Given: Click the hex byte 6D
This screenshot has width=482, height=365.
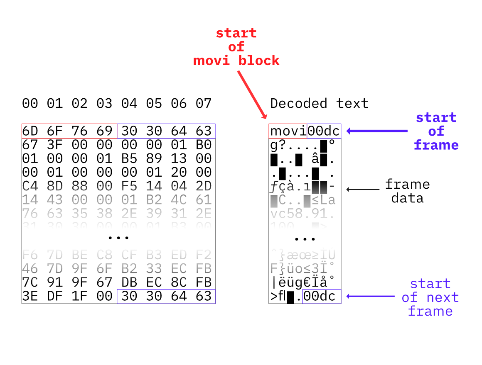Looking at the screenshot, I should click(x=30, y=131).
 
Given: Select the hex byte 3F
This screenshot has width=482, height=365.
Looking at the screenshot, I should click(x=54, y=145).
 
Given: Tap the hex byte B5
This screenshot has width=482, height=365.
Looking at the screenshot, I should click(x=129, y=158).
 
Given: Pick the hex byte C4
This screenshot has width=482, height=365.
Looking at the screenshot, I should click(x=30, y=186).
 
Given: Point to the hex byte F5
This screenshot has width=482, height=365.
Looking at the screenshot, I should click(x=129, y=186).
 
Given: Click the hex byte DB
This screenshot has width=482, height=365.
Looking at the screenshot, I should click(x=129, y=282).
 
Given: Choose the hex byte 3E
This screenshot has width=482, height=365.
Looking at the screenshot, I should click(x=30, y=296).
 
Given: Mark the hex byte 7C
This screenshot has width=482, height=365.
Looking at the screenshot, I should click(x=30, y=282).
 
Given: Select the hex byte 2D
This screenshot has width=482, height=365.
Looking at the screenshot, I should click(x=204, y=186).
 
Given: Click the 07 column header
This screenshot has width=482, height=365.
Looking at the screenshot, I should click(x=204, y=103).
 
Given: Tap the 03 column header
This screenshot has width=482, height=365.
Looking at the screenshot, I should click(x=104, y=103).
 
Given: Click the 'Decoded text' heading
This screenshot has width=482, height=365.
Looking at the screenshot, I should click(x=319, y=103).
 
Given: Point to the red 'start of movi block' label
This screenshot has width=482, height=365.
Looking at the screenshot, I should click(x=236, y=47).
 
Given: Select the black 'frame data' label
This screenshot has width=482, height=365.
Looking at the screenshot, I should click(x=407, y=191).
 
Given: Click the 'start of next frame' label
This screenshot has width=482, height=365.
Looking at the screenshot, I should click(x=430, y=297).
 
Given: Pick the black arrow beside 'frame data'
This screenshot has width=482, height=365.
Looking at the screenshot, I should click(x=363, y=190).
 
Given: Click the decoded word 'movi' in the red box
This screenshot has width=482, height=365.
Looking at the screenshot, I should click(x=288, y=131).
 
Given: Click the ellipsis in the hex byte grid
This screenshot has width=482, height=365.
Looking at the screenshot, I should click(x=118, y=238).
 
